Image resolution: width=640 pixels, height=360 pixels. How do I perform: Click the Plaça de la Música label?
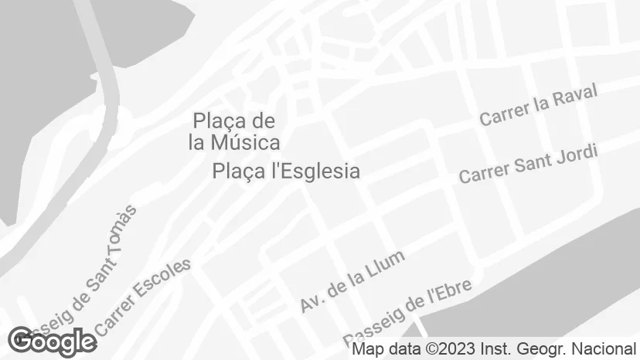234,131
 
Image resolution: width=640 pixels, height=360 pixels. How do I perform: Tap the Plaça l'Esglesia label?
286,171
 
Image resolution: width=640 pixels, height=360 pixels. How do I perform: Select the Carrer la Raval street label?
538,106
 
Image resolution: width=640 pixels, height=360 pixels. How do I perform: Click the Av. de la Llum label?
352,282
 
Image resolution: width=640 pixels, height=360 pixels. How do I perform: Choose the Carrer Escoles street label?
144,297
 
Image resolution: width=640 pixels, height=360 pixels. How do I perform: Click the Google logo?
52,341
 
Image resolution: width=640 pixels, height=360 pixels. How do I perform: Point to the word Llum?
386,263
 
